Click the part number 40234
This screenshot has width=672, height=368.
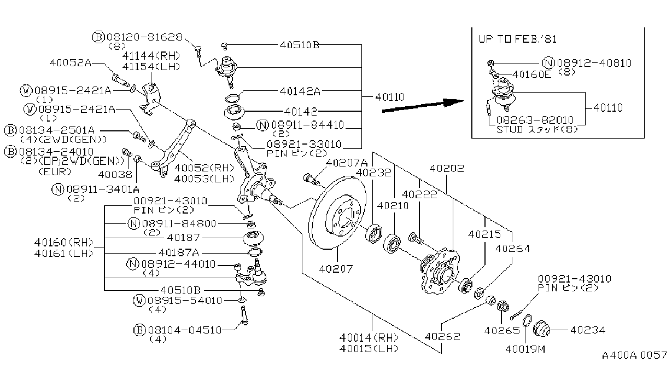tap(588, 330)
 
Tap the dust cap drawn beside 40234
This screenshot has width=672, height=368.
tap(542, 329)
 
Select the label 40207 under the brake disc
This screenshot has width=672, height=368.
tap(336, 268)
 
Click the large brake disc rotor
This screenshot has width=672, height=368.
tap(337, 212)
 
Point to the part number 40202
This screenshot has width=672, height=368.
tap(447, 168)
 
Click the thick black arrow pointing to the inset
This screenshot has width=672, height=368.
tap(423, 105)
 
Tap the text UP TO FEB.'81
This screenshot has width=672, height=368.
tap(517, 39)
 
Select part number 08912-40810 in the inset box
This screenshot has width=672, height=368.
tap(594, 63)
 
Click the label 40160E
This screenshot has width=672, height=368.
tap(531, 74)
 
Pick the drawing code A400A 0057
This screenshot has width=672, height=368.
tap(634, 355)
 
